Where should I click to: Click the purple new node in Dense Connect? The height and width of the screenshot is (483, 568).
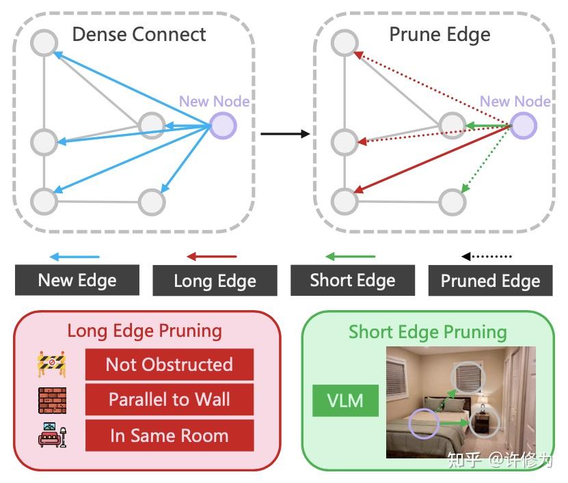(x=223, y=126)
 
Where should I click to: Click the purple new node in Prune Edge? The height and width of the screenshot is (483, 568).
(x=524, y=126)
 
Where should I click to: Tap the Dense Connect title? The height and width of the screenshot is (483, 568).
(x=139, y=35)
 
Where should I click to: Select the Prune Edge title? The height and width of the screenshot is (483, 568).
(x=439, y=35)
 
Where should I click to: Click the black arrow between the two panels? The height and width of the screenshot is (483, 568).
(x=285, y=134)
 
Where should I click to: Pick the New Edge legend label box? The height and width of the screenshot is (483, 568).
(x=77, y=280)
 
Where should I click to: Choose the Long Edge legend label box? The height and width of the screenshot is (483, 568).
(x=215, y=281)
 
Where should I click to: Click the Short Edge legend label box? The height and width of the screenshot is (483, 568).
(x=353, y=280)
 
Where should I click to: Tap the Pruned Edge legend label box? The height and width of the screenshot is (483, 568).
(x=491, y=281)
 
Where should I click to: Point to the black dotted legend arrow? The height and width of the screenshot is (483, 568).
(x=486, y=256)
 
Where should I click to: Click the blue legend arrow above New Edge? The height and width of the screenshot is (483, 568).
(x=75, y=257)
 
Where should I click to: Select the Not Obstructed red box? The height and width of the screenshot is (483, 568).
(x=170, y=364)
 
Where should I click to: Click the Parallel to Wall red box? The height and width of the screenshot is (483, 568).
(x=170, y=400)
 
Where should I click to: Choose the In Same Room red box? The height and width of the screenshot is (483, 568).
(x=170, y=435)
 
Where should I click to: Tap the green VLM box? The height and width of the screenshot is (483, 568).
(x=345, y=400)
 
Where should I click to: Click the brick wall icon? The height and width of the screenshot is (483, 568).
(x=53, y=400)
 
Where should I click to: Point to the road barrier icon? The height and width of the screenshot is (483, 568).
(x=51, y=364)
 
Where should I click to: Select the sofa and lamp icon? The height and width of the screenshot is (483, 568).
(x=53, y=435)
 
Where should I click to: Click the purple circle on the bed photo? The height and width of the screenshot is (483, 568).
(x=424, y=424)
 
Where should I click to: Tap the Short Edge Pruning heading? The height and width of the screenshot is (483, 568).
(x=427, y=332)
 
